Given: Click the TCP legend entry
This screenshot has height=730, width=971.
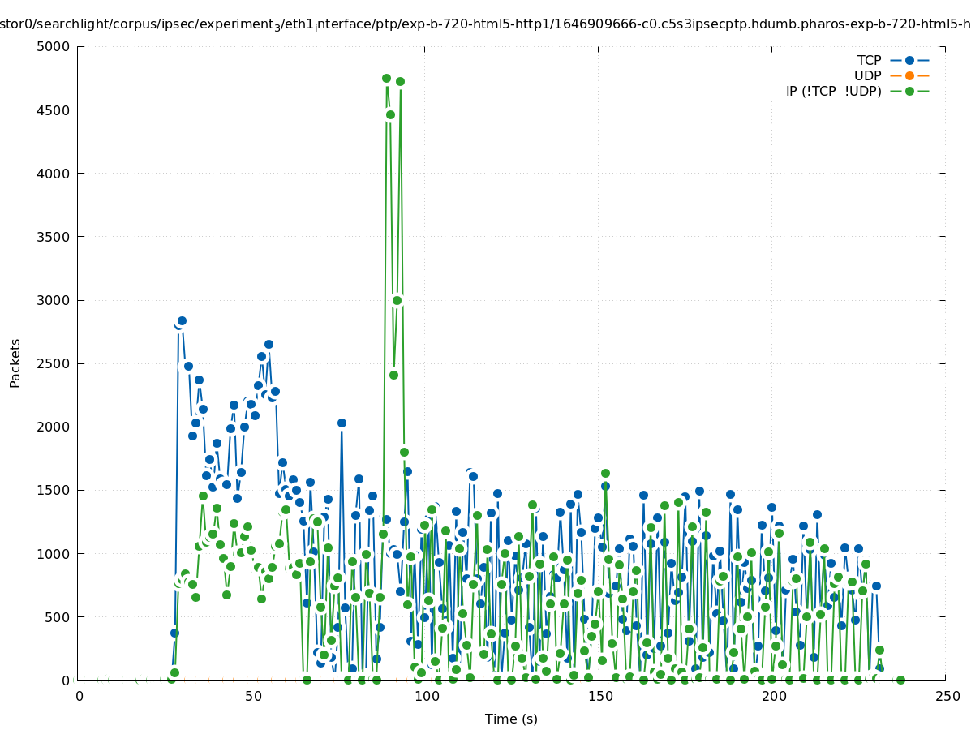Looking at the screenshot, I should pos(869,60).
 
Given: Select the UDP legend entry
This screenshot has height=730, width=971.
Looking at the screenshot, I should pos(867,75).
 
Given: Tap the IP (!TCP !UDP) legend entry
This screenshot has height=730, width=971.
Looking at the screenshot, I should pos(833,91).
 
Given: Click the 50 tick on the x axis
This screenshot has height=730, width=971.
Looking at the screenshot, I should pos(253,696).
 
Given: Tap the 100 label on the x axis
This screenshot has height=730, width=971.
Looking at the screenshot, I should pos(427,696).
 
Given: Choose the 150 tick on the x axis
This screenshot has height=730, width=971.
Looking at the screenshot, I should pos(600,696).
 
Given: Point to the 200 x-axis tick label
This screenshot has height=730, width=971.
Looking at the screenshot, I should pos(774,696).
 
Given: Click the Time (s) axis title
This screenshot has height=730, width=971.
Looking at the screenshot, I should pos(511,719).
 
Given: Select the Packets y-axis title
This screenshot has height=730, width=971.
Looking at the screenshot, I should pos(15,363).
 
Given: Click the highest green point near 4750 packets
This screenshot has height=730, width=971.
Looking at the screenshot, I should pos(386,79).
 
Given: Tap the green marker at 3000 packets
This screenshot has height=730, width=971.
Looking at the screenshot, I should pos(397,300).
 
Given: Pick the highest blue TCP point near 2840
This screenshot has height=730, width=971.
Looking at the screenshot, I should pos(182,321).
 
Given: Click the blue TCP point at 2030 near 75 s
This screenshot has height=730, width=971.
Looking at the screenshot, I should pos(342,423).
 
